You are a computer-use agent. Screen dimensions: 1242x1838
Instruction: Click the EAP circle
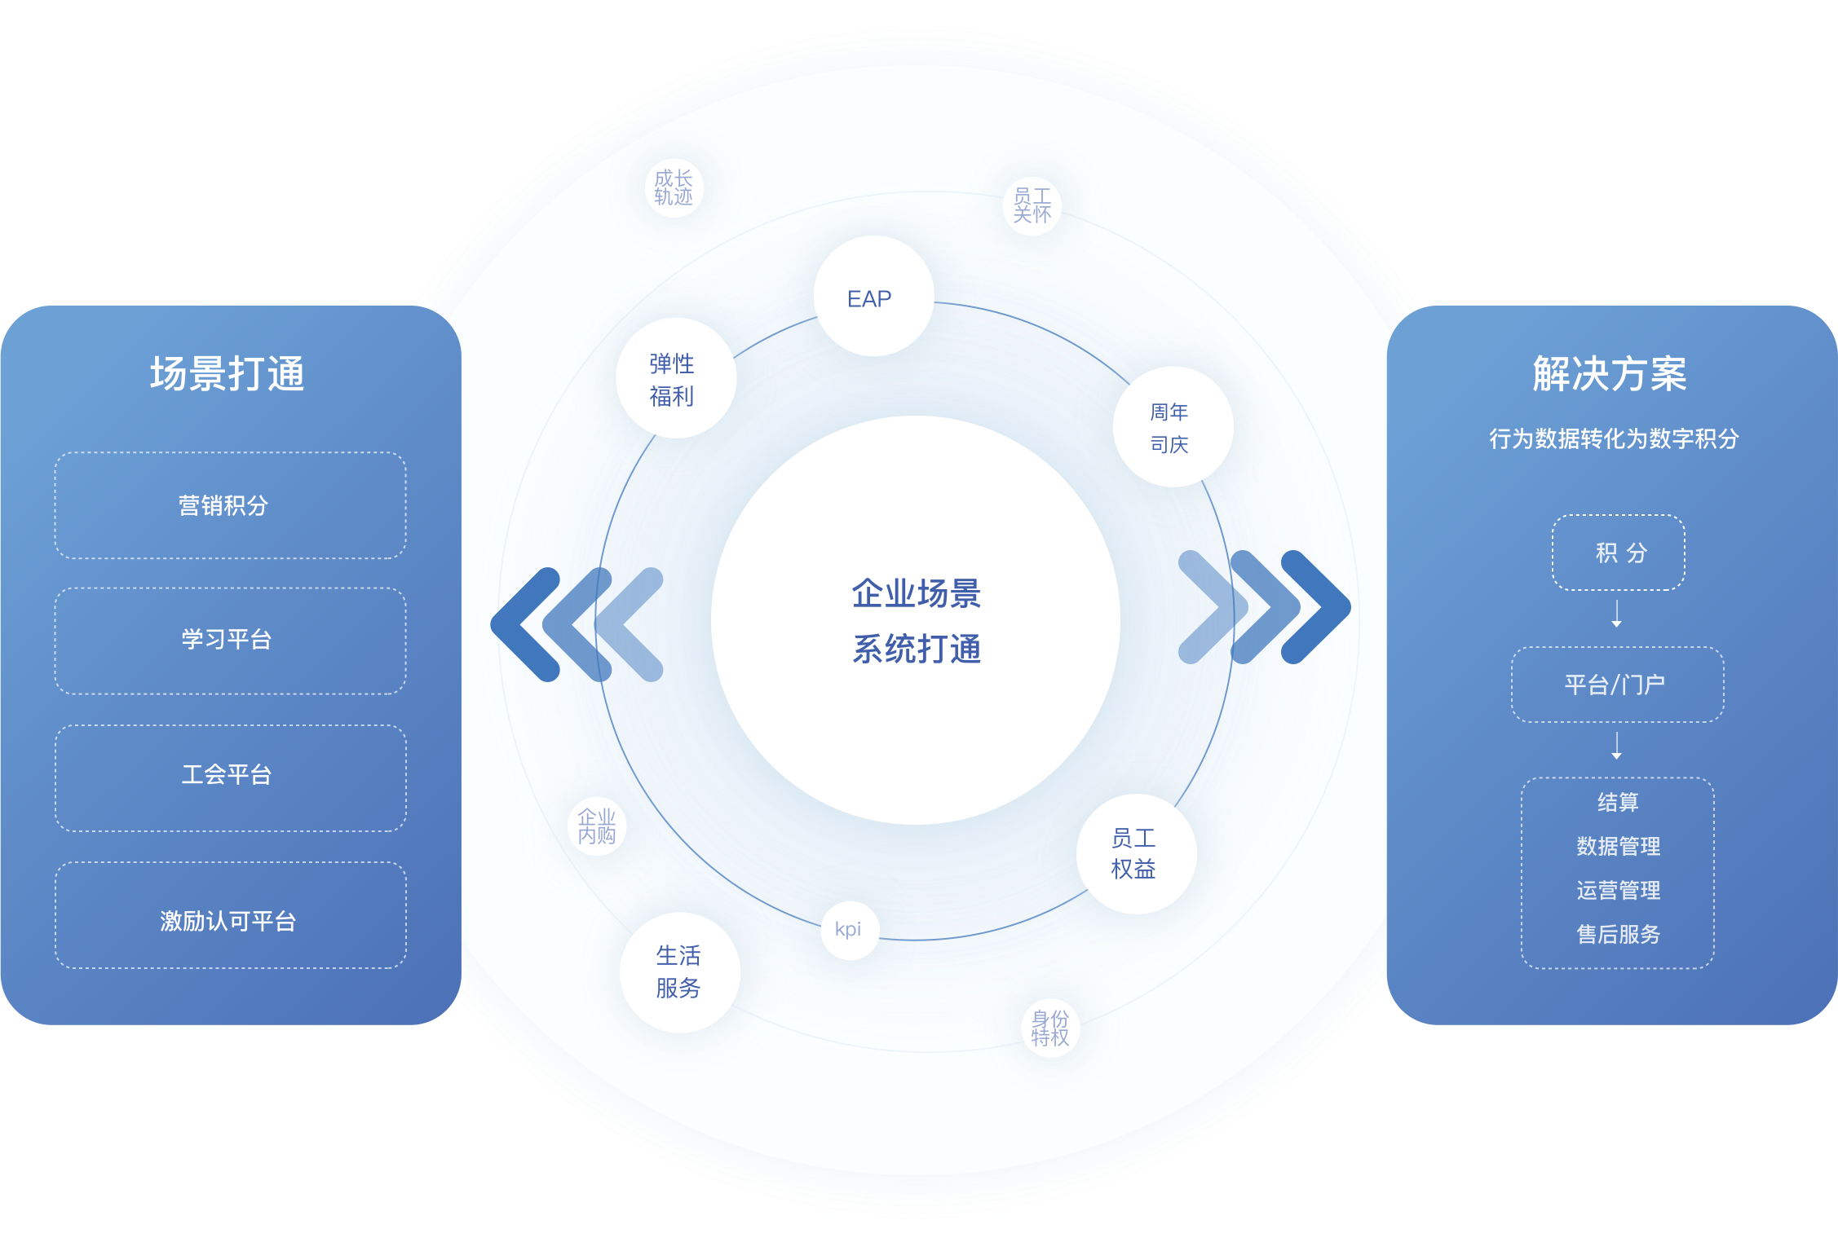coord(873,297)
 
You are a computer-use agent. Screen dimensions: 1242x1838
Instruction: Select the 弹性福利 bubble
coord(676,378)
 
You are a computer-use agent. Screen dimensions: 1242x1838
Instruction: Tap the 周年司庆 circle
coord(1173,427)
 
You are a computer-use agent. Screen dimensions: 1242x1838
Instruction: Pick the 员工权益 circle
coord(1136,853)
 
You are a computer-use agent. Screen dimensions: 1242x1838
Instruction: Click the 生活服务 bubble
coord(679,972)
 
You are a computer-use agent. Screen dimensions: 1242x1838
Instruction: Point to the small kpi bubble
coord(850,930)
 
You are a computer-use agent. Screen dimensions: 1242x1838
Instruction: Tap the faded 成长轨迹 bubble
coord(674,187)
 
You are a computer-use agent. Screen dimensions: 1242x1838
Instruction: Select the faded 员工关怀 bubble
coord(1032,205)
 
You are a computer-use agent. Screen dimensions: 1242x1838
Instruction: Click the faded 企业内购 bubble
coord(597,826)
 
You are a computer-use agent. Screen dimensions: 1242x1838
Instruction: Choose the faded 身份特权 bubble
coord(1050,1028)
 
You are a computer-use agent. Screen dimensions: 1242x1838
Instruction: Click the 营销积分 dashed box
coord(230,505)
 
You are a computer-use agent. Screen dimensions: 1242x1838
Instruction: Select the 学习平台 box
coord(230,641)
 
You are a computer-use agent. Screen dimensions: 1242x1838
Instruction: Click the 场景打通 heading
coord(228,374)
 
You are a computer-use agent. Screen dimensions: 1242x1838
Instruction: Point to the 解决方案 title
coord(1610,374)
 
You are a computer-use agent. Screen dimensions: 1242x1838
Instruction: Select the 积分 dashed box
coord(1618,553)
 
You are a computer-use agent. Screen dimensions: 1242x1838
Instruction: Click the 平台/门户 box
coord(1617,685)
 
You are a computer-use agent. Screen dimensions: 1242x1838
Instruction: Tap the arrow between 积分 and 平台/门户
coord(1616,614)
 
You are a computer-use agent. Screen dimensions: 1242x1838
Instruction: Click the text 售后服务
coord(1618,934)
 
